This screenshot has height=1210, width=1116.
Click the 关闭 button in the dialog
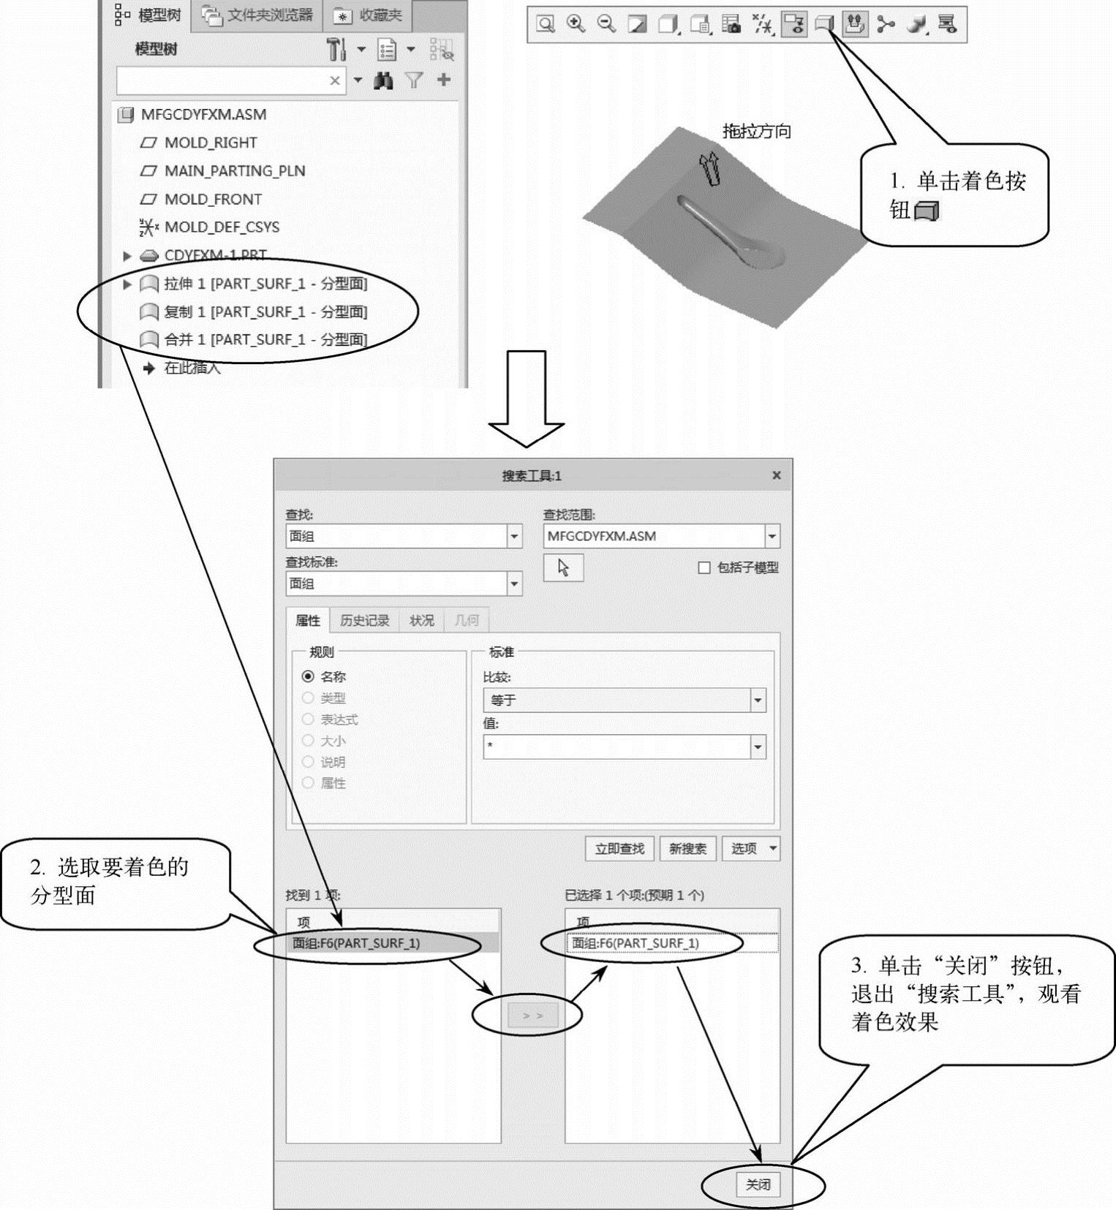tap(758, 1184)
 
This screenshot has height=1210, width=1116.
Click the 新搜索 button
tap(687, 848)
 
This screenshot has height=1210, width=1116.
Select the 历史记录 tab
tap(364, 621)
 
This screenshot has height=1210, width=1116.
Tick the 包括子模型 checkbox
tap(704, 567)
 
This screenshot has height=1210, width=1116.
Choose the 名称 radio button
tap(308, 676)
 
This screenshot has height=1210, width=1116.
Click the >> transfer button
tap(532, 1016)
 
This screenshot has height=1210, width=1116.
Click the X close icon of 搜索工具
tap(777, 475)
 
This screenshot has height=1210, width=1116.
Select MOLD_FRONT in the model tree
tap(213, 199)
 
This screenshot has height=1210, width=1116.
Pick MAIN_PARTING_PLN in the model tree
tap(234, 170)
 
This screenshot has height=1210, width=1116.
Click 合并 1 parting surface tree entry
tap(265, 339)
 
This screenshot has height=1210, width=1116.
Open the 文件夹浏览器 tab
tap(257, 15)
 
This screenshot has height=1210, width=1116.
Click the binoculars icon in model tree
tap(383, 80)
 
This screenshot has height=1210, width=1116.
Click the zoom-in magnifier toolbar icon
tap(576, 24)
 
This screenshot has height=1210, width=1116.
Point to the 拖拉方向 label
tap(756, 132)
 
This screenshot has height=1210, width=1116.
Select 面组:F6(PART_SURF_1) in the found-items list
tap(356, 943)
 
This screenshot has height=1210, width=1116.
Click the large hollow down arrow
tap(527, 398)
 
